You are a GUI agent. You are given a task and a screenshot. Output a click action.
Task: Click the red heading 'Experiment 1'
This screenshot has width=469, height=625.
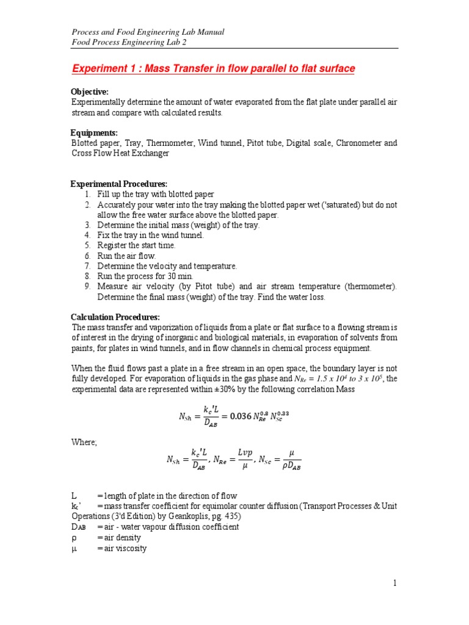coord(107,69)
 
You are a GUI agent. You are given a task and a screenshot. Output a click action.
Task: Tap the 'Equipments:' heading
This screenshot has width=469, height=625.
coord(94,132)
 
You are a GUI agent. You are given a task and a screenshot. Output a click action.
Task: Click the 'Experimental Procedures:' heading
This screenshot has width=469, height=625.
coord(118,184)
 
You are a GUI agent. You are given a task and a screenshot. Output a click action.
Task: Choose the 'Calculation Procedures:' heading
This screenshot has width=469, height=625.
coord(115,317)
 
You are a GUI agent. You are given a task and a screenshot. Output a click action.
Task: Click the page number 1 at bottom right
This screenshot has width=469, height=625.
coord(395,583)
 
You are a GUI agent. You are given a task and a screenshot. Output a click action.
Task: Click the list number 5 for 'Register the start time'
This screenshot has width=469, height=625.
coord(88,245)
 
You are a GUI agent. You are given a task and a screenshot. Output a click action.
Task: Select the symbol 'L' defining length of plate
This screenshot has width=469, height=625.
coord(75,496)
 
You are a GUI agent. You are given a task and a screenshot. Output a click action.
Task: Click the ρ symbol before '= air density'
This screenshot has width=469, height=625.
coord(74,537)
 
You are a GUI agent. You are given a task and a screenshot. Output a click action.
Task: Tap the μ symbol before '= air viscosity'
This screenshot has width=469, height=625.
coord(74,548)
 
